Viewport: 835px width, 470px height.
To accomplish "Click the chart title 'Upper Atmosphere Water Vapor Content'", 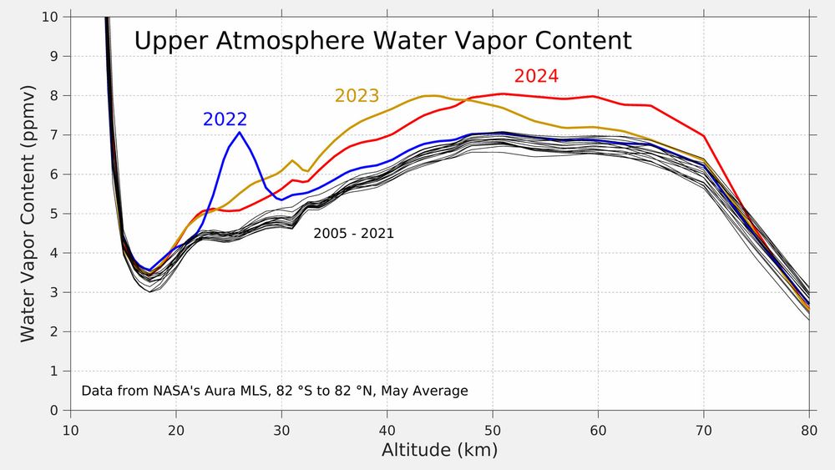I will (382, 42).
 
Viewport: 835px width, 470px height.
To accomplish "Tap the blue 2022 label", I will (225, 119).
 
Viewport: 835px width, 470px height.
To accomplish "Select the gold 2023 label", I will (357, 96).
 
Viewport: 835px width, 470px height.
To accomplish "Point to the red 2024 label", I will (536, 76).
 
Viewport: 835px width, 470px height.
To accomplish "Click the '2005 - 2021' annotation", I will (353, 235).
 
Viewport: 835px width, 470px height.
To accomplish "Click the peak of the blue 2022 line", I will (240, 133).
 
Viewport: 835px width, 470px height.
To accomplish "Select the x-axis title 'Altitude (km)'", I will (439, 451).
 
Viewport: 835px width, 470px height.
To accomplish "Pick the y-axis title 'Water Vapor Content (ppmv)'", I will (28, 214).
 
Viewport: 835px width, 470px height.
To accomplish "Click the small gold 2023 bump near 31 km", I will (292, 160).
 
